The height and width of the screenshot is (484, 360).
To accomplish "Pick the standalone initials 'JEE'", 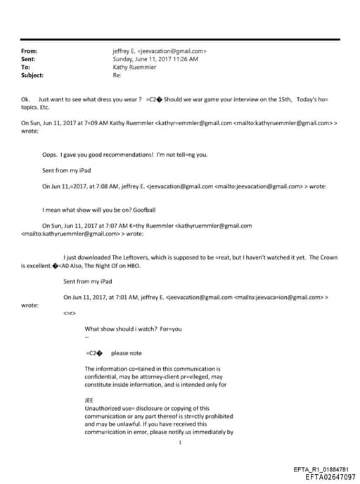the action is pos(89,400).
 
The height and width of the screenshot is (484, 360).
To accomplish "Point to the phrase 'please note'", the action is pos(127,353).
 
